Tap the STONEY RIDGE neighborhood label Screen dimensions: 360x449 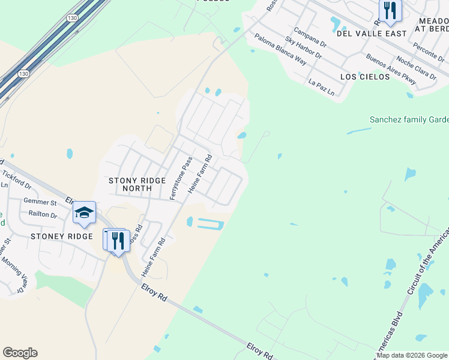point(62,236)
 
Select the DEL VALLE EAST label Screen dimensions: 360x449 point(363,34)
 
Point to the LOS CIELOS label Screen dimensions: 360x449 point(361,77)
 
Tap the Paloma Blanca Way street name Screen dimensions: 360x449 point(280,49)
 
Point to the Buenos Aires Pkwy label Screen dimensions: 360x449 point(391,69)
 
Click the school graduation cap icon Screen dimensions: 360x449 point(85,212)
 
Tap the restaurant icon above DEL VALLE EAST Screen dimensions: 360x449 point(390,10)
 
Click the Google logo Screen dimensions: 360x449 point(20,353)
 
